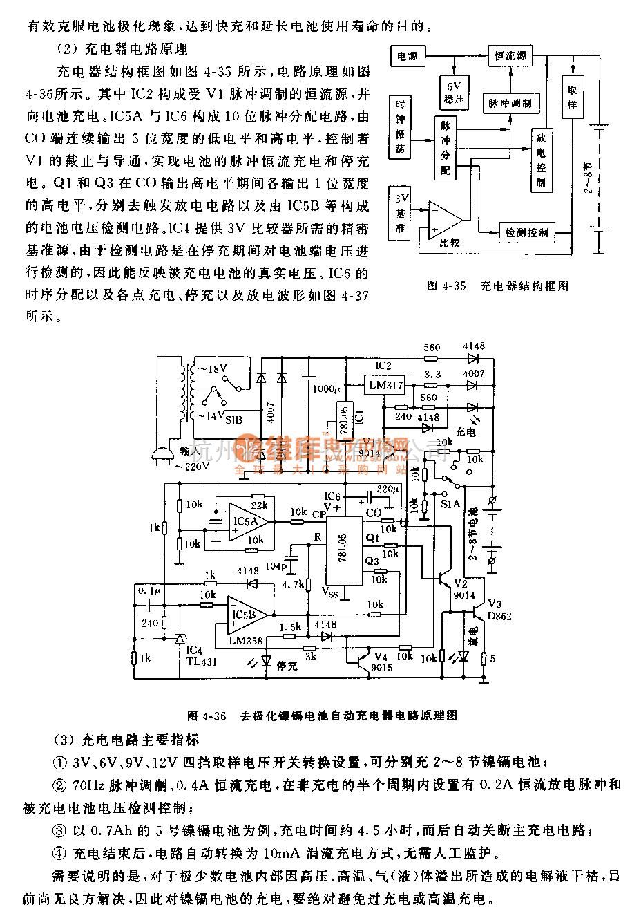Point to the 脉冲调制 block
tap(510, 102)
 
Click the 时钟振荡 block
tap(400, 127)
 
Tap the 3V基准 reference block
tap(400, 214)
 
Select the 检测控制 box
tap(527, 232)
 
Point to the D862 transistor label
tap(498, 616)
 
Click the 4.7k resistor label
tap(294, 584)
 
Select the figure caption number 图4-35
tap(443, 286)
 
